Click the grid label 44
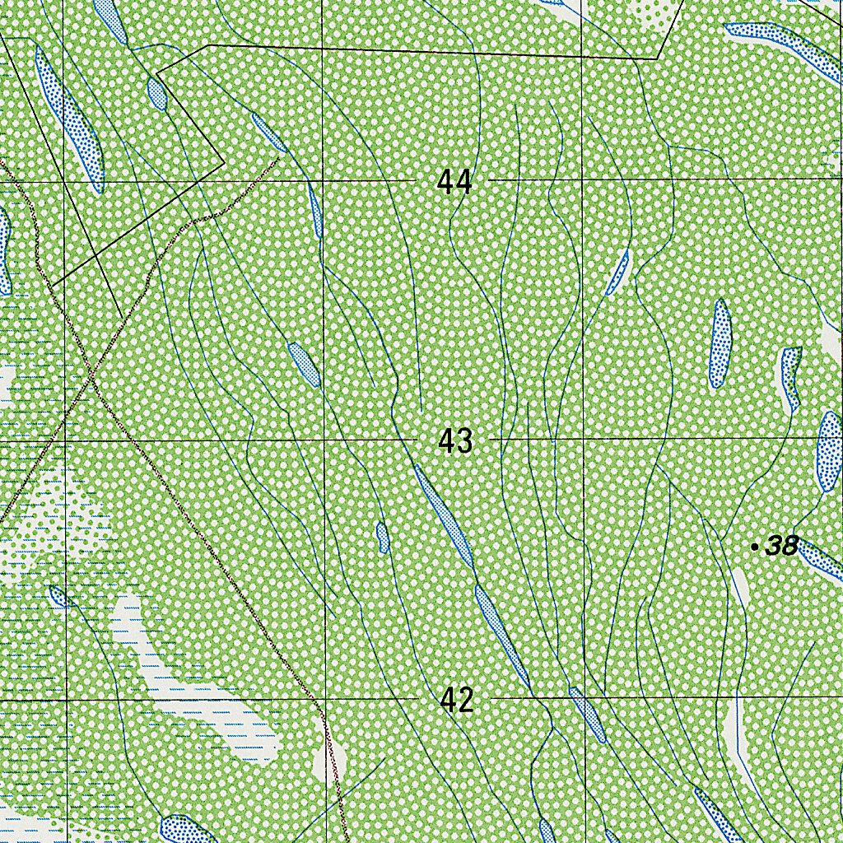[x=454, y=180]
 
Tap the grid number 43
[x=455, y=441]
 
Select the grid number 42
[x=457, y=700]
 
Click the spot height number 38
[x=781, y=545]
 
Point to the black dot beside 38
[x=755, y=546]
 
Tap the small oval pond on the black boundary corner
[x=156, y=93]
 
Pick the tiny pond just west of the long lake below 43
[x=382, y=537]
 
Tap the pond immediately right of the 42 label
[x=588, y=715]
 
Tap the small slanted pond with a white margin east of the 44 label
[x=617, y=273]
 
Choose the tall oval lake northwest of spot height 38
[x=720, y=343]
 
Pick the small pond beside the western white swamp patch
[x=59, y=596]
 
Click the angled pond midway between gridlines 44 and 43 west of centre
[x=304, y=365]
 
